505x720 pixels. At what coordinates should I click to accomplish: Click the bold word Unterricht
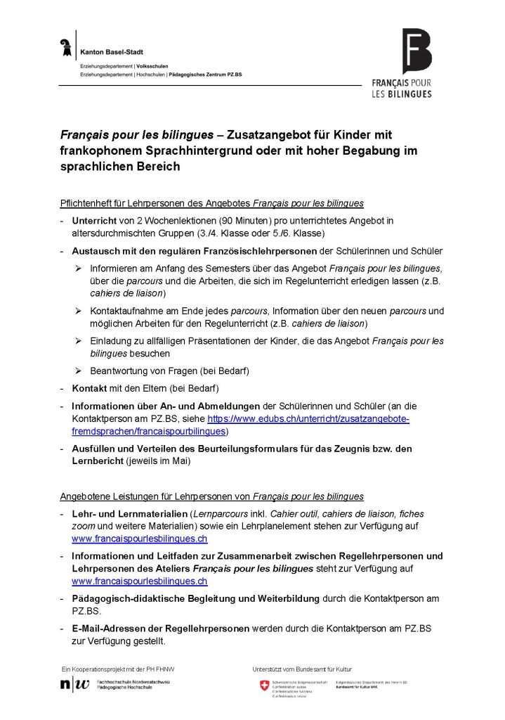(95, 221)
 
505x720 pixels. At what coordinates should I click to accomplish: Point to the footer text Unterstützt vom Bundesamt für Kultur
(302, 669)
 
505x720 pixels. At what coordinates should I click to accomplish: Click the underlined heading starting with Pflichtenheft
(211, 203)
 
